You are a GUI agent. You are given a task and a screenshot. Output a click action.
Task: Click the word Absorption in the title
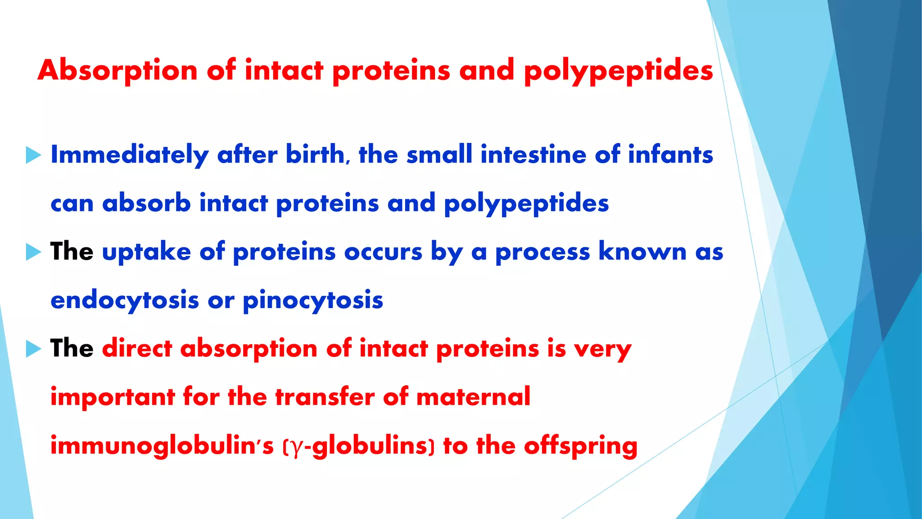coord(118,71)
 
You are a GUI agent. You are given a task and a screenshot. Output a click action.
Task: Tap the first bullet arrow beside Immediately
coord(33,155)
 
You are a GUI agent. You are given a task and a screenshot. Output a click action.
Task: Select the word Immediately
coord(130,155)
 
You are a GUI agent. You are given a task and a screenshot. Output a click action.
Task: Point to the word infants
coord(670,155)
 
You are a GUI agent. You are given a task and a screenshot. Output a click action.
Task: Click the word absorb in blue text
coord(146,203)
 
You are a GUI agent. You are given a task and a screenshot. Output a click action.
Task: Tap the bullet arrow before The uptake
coord(33,252)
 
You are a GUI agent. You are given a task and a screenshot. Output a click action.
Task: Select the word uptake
coord(146,252)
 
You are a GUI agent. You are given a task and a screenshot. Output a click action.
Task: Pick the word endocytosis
coord(125,300)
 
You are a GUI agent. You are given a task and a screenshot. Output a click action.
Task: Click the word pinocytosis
coord(313,300)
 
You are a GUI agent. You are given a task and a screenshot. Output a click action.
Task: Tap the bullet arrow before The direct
coord(33,349)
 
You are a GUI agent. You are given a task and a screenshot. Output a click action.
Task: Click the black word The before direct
coord(72,348)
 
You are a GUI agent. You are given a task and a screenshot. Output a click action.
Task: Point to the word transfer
coord(325,397)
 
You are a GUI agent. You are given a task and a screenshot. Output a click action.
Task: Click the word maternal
coord(473,397)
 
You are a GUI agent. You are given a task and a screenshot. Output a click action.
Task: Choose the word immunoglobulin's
coord(162,446)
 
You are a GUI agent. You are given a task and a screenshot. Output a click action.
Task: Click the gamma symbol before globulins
coord(295,447)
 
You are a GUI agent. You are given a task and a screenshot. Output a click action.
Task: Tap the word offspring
coord(580,446)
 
